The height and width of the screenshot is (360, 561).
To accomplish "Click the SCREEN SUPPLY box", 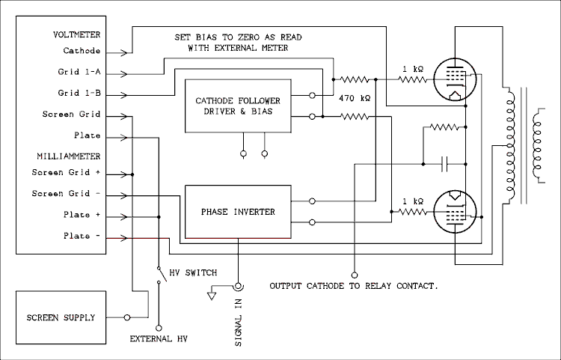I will point(62,317).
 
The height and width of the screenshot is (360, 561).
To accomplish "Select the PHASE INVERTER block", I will point(238,212).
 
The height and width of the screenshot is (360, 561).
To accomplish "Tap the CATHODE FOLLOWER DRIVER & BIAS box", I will point(238,106).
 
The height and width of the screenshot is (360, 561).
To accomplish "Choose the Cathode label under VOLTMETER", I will point(82,52).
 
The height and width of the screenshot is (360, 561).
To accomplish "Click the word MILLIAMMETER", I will point(68,156).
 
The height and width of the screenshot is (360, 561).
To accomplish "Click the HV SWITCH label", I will point(193,273).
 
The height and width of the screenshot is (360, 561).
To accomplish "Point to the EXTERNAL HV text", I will point(159,339).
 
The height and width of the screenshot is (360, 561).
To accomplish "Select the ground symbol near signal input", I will point(212,295).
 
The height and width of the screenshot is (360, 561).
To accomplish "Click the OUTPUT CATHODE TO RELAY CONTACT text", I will point(353,287).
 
